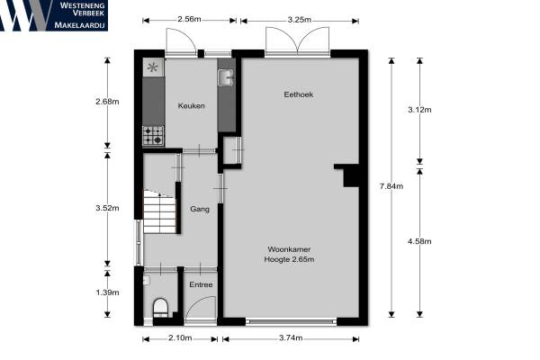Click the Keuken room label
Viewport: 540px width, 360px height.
pos(191,106)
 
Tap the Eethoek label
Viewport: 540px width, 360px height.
pos(298,94)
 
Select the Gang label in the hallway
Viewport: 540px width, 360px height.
pos(200,209)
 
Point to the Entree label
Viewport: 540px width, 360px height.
pos(201,284)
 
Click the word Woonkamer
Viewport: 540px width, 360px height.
pos(289,249)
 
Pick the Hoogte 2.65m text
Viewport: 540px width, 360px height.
pos(289,259)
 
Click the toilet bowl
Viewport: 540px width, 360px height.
pos(160,307)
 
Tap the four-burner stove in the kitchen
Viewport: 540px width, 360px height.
pos(153,135)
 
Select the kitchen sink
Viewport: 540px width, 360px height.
pos(226,77)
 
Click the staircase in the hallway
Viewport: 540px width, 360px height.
pos(160,211)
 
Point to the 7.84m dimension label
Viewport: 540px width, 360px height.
pos(391,186)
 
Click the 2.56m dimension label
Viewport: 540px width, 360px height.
pos(189,19)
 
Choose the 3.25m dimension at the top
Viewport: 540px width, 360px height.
pos(300,20)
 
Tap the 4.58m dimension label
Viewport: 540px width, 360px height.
pos(419,241)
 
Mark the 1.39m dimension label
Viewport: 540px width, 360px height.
pos(107,292)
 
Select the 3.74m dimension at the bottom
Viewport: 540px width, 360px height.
pos(291,338)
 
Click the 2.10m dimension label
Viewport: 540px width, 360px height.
pos(180,338)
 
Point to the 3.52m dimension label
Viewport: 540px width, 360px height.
pos(107,208)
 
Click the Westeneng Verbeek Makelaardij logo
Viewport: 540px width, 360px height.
pos(54,15)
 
